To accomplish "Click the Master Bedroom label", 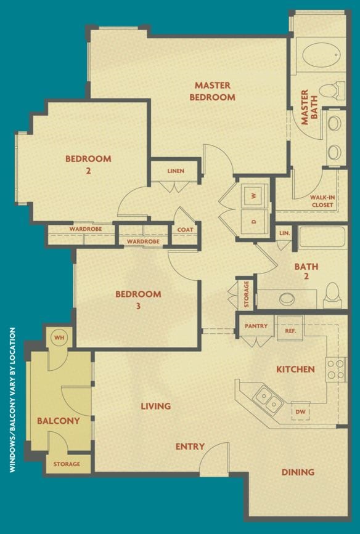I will (x=212, y=91).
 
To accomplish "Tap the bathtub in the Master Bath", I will (x=321, y=56).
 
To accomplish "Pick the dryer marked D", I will (x=253, y=220).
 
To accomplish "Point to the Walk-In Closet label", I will (x=322, y=201).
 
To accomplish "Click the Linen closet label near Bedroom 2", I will (x=175, y=171).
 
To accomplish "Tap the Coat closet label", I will (x=186, y=230).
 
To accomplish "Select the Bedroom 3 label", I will (x=138, y=299).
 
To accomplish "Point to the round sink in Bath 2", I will (x=288, y=300).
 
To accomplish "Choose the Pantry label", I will (x=256, y=326).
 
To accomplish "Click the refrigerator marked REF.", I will (x=290, y=330).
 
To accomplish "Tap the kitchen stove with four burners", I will (x=336, y=369).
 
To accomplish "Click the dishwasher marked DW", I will (x=301, y=411).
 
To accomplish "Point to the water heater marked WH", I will (x=59, y=338).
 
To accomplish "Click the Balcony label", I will (x=59, y=421).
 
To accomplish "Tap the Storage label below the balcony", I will (x=67, y=464).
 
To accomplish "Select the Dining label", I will (x=298, y=472).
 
